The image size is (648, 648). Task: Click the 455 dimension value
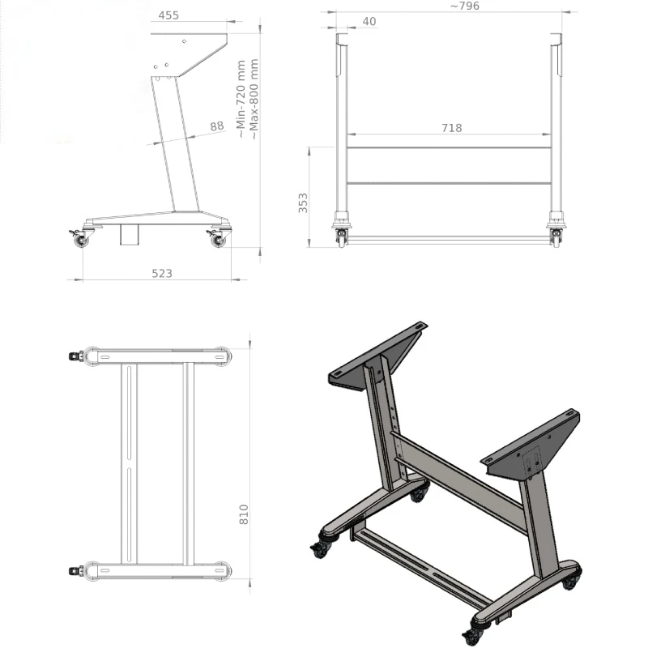coord(168,15)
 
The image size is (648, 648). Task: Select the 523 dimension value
coord(162,274)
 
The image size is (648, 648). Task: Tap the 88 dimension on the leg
coord(217,126)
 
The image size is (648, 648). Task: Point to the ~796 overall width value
coord(465,6)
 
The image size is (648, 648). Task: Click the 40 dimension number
coord(369,22)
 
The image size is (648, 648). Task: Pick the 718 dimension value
coord(452,128)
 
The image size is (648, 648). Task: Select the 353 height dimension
coord(303,203)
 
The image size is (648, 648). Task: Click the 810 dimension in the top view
coord(244,514)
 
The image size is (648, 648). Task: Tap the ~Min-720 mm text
coord(241,99)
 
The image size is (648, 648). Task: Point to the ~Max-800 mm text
coord(254,99)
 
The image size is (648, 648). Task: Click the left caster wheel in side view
coord(80,238)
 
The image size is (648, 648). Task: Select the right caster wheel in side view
coord(218,239)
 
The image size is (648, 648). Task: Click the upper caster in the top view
coord(76,356)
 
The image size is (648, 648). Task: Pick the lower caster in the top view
coord(76,571)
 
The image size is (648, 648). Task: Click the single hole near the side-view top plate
coord(184,41)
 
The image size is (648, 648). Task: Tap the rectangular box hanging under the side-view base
coord(129,235)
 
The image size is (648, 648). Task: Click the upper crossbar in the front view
coord(449,147)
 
